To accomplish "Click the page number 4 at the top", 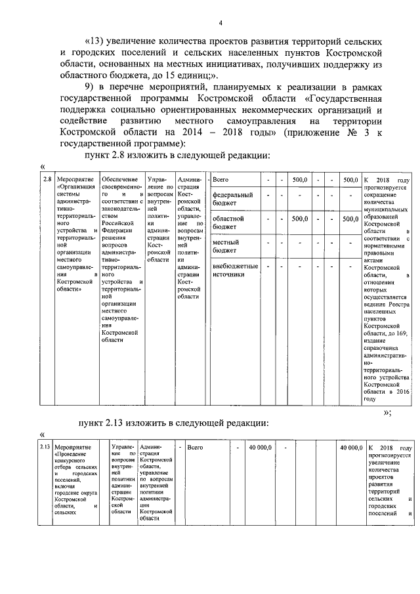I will coord(220,24).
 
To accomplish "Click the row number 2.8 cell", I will coord(47,180).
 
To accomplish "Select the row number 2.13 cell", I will coord(45,448).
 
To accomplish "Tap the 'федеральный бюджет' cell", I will coord(232,199).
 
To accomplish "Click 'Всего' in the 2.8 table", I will coord(221,179).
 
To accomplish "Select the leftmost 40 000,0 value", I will coord(259,448).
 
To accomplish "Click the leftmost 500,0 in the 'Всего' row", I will coord(301,179).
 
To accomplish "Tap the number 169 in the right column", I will coord(400,333).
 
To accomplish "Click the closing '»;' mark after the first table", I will coord(387,412).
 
